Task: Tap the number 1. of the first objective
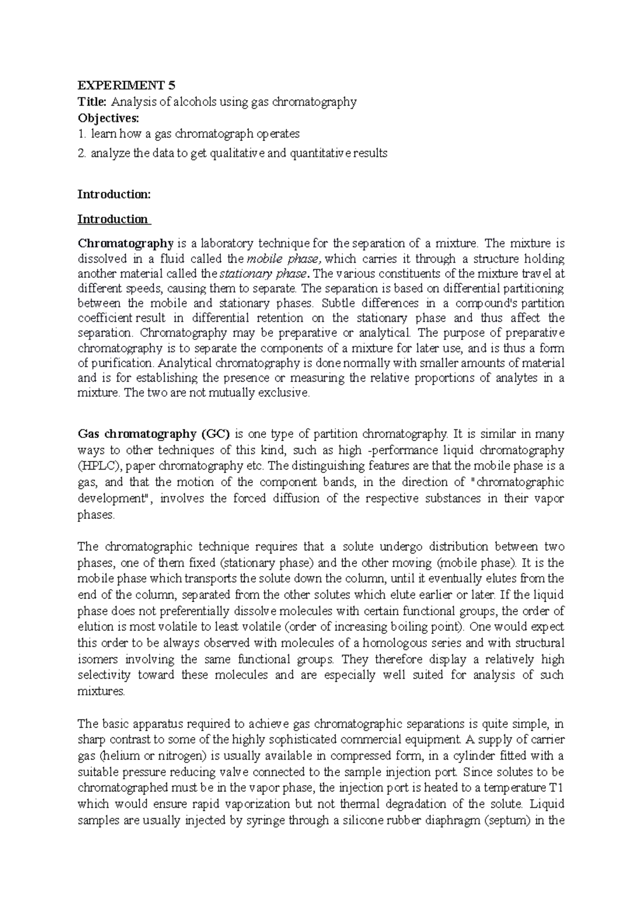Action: [x=82, y=133]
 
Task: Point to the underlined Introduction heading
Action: [x=113, y=219]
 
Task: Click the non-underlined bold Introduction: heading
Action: [x=114, y=194]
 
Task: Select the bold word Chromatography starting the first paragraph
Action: [x=125, y=244]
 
